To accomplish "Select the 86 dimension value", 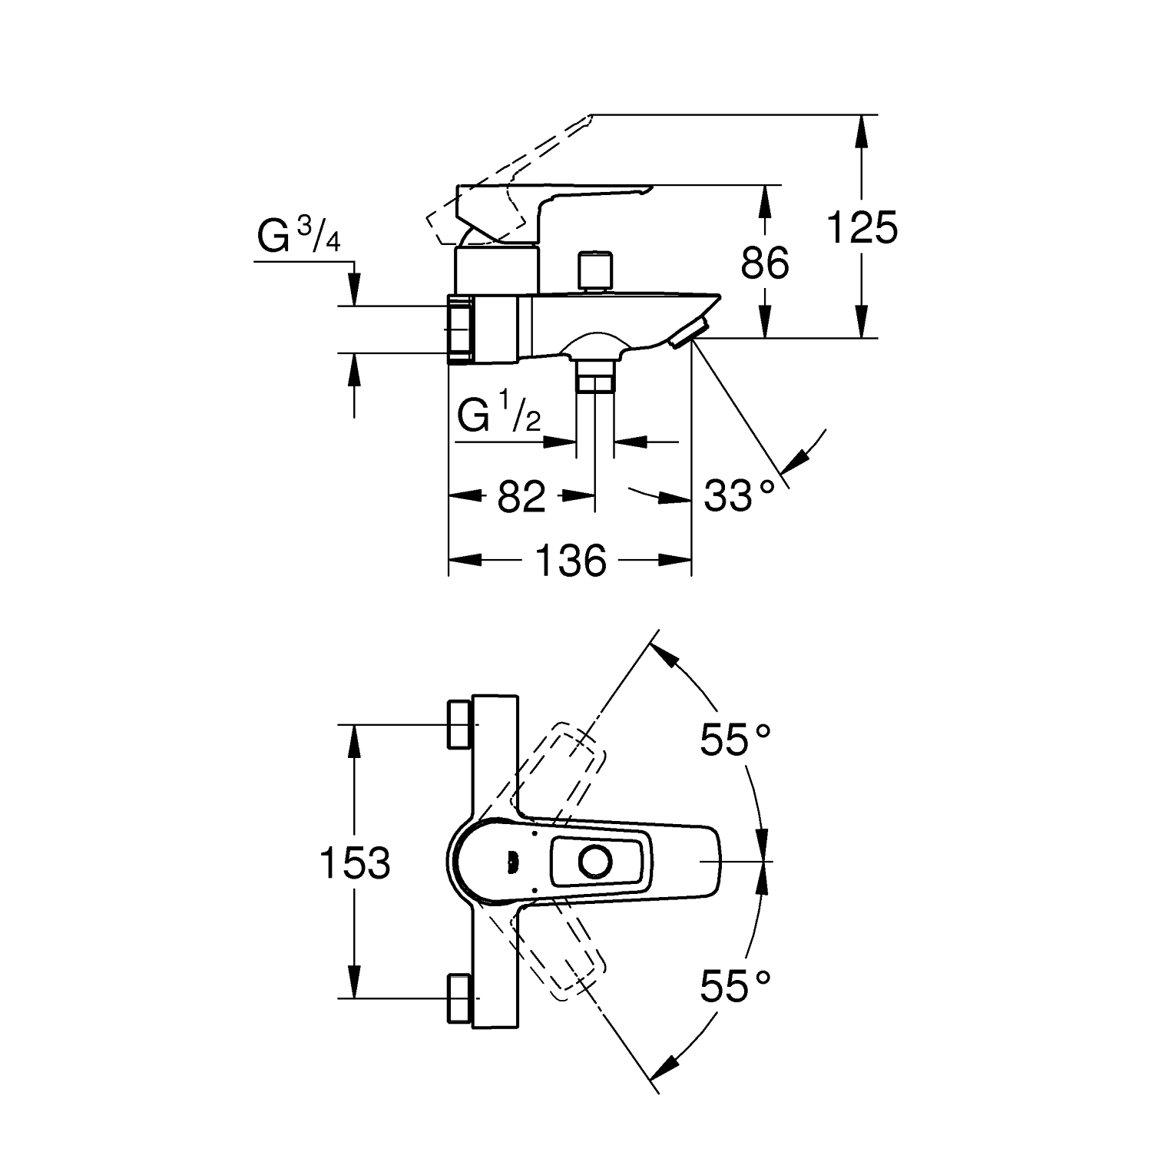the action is (765, 263).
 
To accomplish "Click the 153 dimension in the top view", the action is (355, 862).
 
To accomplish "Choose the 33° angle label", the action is (740, 496).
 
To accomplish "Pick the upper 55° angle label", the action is (735, 740).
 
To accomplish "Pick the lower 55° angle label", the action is (735, 985).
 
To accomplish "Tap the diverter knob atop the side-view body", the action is (595, 270).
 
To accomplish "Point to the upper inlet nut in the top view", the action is (459, 723).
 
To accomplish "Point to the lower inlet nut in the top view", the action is (459, 998).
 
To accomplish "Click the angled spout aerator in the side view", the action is (689, 332).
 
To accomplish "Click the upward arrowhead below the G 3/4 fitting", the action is (354, 371).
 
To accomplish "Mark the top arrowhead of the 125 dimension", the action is (862, 132).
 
